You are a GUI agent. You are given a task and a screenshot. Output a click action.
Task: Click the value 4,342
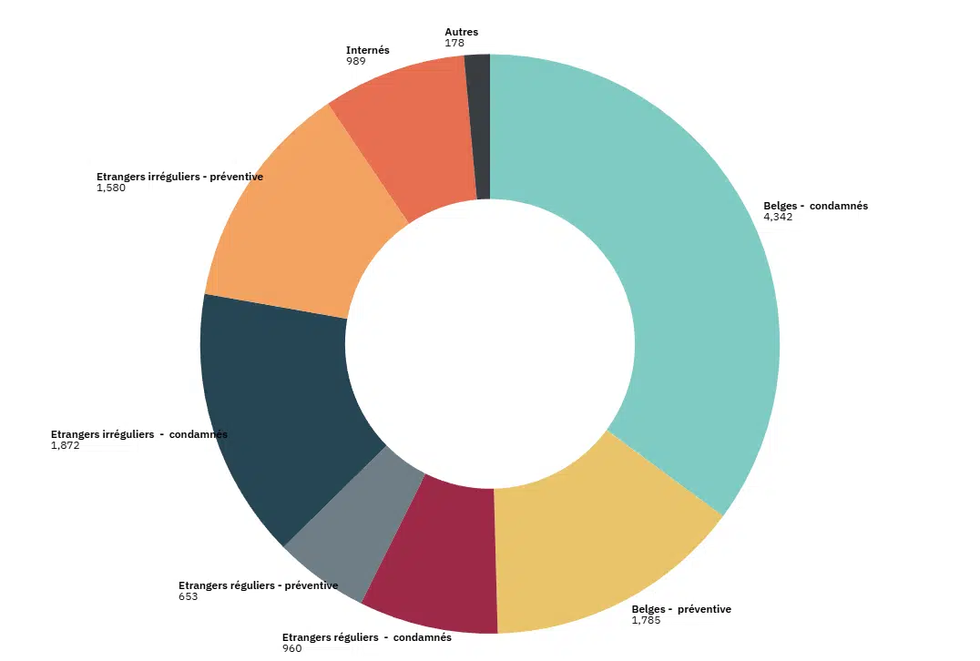point(778,218)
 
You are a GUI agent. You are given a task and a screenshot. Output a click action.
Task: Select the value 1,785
point(646,621)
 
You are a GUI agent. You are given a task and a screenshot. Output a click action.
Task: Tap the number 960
point(291,649)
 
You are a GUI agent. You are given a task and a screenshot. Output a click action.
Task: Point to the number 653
point(188,597)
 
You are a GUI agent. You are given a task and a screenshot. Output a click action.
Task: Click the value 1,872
point(66,446)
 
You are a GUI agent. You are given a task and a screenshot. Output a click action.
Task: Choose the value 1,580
point(110,188)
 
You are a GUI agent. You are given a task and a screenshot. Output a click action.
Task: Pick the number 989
point(356,61)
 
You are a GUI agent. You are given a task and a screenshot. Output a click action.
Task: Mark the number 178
point(454,43)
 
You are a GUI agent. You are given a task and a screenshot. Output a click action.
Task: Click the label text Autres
point(461,32)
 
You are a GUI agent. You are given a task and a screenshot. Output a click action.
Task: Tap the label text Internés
point(368,50)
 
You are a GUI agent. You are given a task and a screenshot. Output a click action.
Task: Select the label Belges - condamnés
point(815,206)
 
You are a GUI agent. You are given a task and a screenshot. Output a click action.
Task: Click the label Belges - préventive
point(681,609)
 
